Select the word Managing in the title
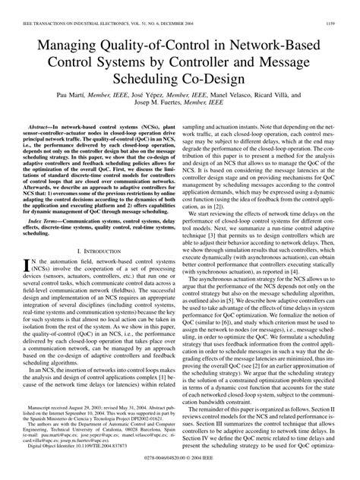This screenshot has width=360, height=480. click(67, 31)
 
